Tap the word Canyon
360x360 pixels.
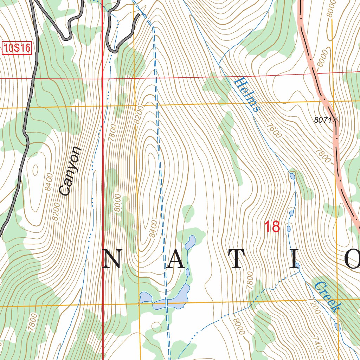tap(70, 171)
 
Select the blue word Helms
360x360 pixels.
tap(247, 95)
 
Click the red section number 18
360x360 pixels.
tap(272, 227)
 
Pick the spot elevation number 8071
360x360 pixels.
tap(323, 120)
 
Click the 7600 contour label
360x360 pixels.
tap(274, 130)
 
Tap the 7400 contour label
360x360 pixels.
tap(317, 345)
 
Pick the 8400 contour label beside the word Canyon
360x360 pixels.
tap(49, 182)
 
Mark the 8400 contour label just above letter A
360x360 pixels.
tap(153, 229)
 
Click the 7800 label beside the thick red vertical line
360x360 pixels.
tap(112, 133)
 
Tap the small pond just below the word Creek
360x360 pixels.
tap(337, 327)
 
